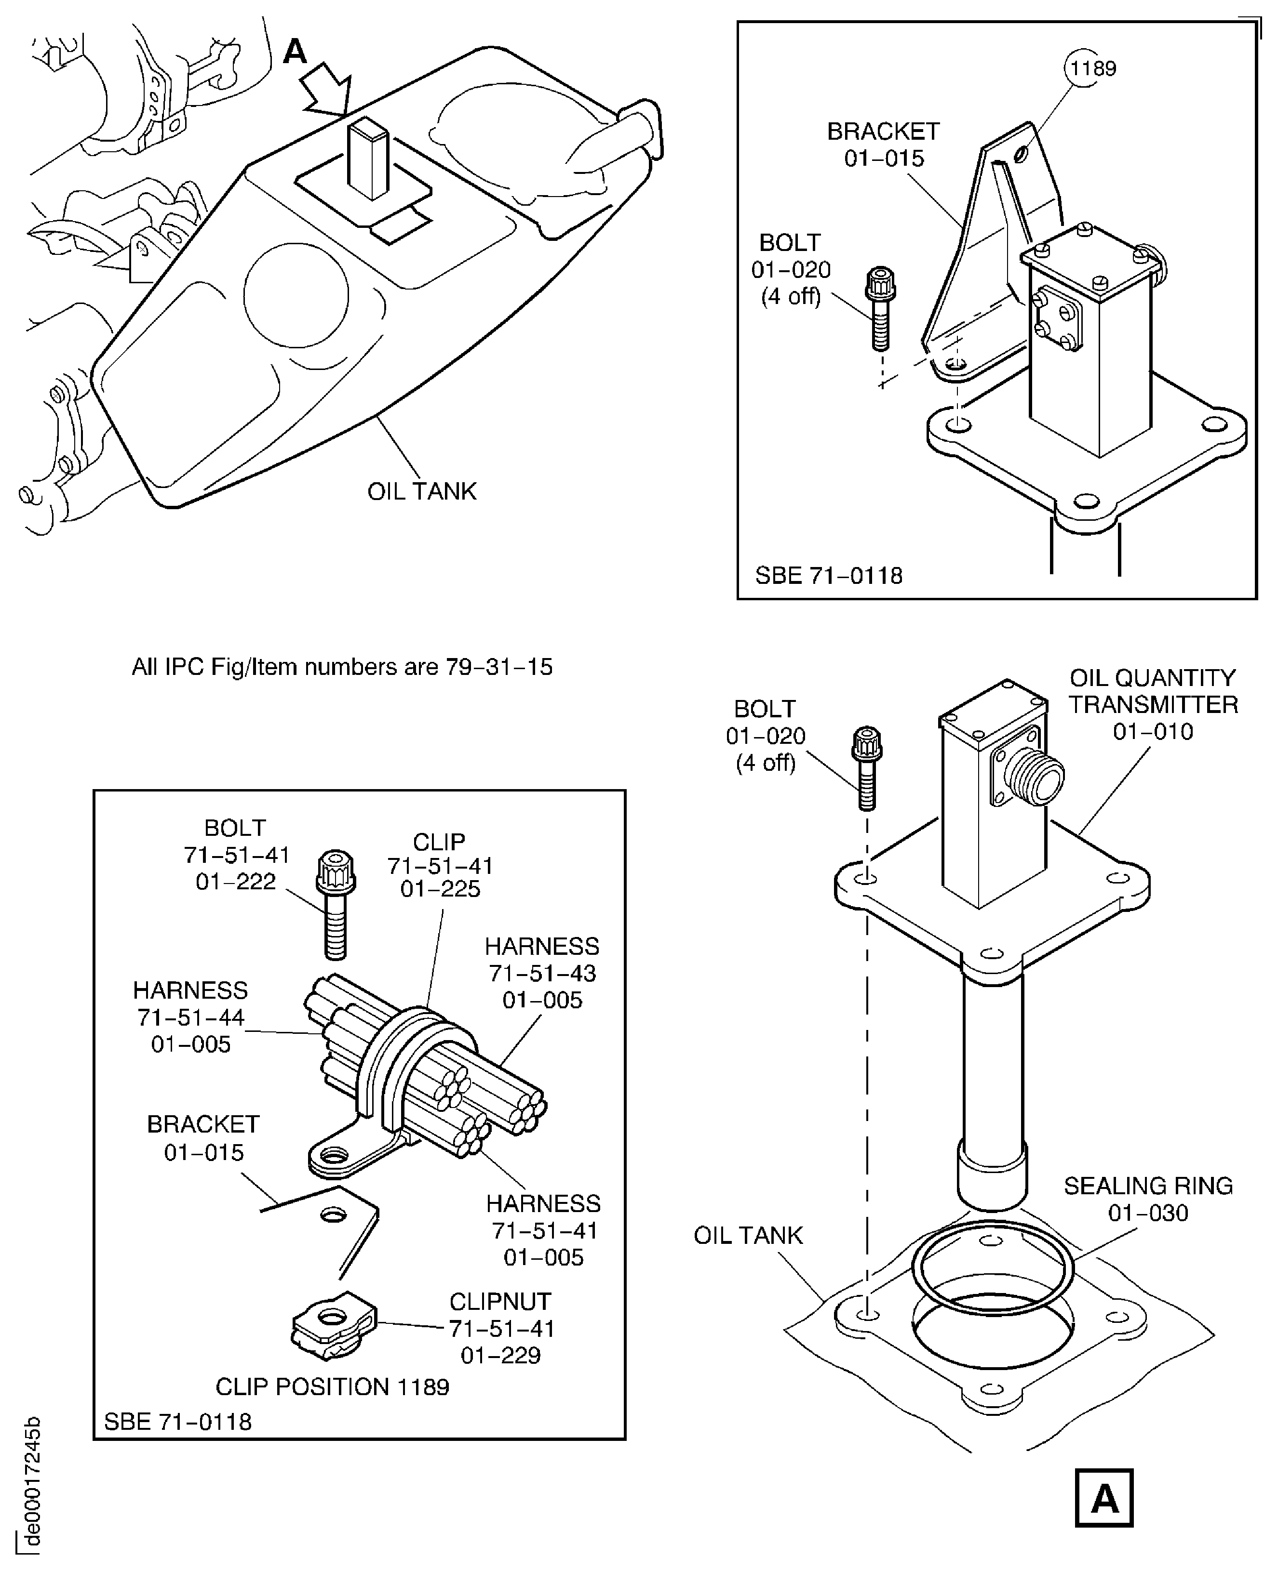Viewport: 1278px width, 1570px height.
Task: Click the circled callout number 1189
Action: click(x=1092, y=68)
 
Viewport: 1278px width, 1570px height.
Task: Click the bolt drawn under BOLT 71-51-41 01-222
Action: click(x=336, y=905)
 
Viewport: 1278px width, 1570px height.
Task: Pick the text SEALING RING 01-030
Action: click(x=1148, y=1199)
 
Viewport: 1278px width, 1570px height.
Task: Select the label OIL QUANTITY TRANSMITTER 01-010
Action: click(x=1153, y=704)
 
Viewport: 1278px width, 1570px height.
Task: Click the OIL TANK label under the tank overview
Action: click(x=422, y=491)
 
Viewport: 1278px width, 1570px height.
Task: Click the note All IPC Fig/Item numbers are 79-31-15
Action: click(x=342, y=667)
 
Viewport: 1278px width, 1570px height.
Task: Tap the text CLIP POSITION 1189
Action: click(x=332, y=1387)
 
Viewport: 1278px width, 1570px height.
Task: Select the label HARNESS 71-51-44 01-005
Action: click(x=191, y=1017)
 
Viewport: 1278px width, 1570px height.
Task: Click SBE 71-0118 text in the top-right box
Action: click(x=828, y=575)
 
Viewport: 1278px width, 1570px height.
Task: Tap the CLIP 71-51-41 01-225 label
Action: click(x=440, y=865)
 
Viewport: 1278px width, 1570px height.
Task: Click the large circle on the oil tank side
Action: click(x=296, y=296)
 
